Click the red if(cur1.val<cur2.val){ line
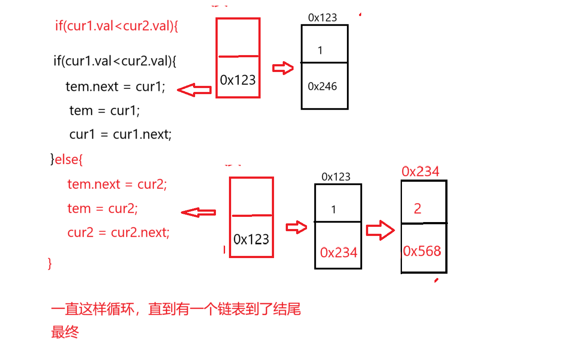pyautogui.click(x=117, y=26)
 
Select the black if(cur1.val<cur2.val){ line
pyautogui.click(x=115, y=61)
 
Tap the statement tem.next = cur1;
pyautogui.click(x=115, y=87)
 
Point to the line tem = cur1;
pyautogui.click(x=104, y=111)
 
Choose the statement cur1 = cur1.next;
pyautogui.click(x=121, y=134)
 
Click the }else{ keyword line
pyautogui.click(x=66, y=160)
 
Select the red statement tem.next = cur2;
pyautogui.click(x=117, y=184)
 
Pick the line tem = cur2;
pyautogui.click(x=102, y=209)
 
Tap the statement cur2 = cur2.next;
pyautogui.click(x=118, y=233)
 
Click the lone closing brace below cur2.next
pyautogui.click(x=49, y=263)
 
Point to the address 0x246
pyautogui.click(x=322, y=87)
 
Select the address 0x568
pyautogui.click(x=422, y=251)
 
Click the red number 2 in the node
pyautogui.click(x=417, y=209)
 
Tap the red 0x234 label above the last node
pyautogui.click(x=420, y=172)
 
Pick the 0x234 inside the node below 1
pyautogui.click(x=339, y=252)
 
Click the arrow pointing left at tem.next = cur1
pyautogui.click(x=194, y=90)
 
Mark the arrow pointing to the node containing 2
pyautogui.click(x=380, y=230)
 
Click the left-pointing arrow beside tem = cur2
pyautogui.click(x=198, y=213)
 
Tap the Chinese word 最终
pyautogui.click(x=65, y=333)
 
